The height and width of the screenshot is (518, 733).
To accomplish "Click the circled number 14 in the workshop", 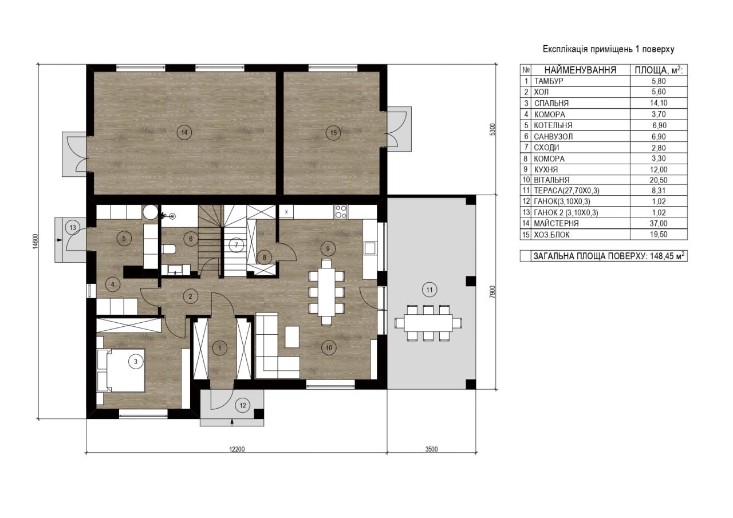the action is pyautogui.click(x=184, y=132).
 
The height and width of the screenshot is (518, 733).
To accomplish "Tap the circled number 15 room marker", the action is pyautogui.click(x=333, y=133).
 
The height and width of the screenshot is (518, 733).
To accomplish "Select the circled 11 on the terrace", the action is pyautogui.click(x=429, y=290).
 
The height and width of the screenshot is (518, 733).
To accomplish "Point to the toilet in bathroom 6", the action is pyautogui.click(x=169, y=249).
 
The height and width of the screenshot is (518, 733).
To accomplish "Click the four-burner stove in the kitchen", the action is pyautogui.click(x=341, y=211).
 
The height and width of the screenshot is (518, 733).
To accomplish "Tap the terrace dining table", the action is pyautogui.click(x=428, y=323).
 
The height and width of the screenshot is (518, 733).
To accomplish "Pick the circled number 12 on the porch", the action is pyautogui.click(x=242, y=405).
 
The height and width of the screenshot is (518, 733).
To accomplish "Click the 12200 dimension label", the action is pyautogui.click(x=237, y=449).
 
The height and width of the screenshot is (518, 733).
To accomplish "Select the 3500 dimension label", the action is pyautogui.click(x=431, y=449).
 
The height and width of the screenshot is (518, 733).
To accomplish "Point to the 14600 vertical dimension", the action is pyautogui.click(x=36, y=242).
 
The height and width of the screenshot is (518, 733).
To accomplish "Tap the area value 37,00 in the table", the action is pyautogui.click(x=659, y=223).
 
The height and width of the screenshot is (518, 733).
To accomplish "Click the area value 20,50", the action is pyautogui.click(x=659, y=180).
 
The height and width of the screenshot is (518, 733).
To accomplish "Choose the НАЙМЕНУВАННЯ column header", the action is pyautogui.click(x=580, y=70).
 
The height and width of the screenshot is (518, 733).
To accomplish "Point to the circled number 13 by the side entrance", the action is pyautogui.click(x=73, y=227).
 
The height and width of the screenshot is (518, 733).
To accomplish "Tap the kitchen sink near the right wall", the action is pyautogui.click(x=370, y=248).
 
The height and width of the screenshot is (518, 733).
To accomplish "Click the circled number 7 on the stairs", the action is pyautogui.click(x=236, y=245).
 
